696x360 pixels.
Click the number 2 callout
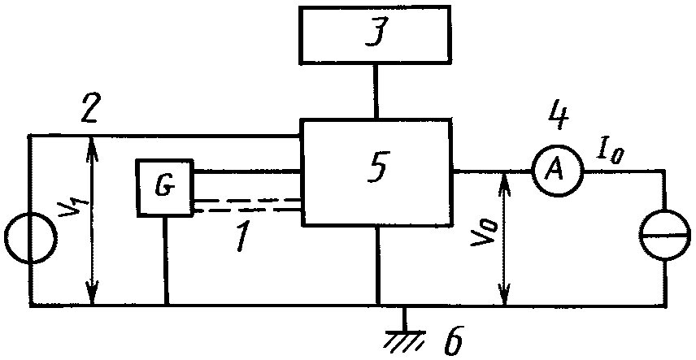(92, 110)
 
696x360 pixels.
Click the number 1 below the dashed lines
(243, 236)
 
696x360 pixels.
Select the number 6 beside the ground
(454, 340)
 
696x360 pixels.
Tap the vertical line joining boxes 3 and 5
(376, 92)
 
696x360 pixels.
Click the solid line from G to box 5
(247, 171)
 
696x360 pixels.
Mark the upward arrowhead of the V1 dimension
(92, 146)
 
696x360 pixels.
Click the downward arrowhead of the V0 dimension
(504, 295)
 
